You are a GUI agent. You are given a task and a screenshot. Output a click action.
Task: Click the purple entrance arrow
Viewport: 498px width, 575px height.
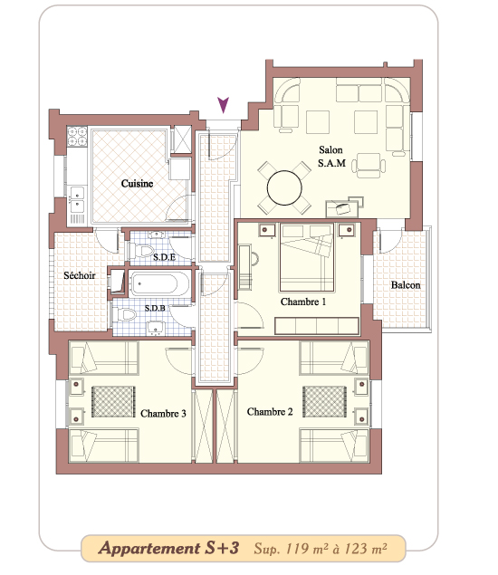(223, 105)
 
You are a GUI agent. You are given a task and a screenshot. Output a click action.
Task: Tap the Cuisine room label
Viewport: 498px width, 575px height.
(137, 183)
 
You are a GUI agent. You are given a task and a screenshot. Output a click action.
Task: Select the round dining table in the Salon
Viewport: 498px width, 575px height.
(284, 187)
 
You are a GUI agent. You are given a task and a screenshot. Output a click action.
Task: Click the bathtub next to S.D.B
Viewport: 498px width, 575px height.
(159, 283)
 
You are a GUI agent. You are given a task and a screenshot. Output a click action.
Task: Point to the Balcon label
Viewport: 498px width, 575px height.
(406, 285)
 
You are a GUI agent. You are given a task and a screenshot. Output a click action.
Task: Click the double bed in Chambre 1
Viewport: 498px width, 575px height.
(307, 257)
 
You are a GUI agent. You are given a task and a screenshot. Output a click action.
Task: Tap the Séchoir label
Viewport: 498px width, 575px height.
(79, 275)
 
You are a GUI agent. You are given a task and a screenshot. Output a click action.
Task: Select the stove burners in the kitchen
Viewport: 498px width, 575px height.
(77, 136)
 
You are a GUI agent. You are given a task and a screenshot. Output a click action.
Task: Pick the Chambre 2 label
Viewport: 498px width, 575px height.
(270, 412)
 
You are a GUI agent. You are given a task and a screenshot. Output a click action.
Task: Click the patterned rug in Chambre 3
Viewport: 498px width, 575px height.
(113, 401)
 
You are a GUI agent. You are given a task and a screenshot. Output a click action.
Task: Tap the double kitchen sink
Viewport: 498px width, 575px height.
(77, 199)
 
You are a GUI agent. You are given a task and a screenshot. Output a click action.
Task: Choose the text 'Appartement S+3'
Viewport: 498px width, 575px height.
(168, 548)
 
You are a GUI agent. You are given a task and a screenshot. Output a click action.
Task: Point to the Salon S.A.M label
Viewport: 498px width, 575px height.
(331, 157)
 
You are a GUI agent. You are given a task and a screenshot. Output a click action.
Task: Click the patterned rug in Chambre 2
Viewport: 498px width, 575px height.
(324, 401)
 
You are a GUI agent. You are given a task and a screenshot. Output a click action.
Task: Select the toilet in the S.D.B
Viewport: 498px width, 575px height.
(125, 314)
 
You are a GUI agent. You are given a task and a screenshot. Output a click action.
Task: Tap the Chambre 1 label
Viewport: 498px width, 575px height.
(303, 302)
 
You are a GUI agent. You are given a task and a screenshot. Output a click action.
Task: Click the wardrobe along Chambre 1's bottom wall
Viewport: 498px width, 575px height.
(317, 326)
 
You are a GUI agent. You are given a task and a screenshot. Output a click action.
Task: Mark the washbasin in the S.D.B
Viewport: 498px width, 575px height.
(157, 328)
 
